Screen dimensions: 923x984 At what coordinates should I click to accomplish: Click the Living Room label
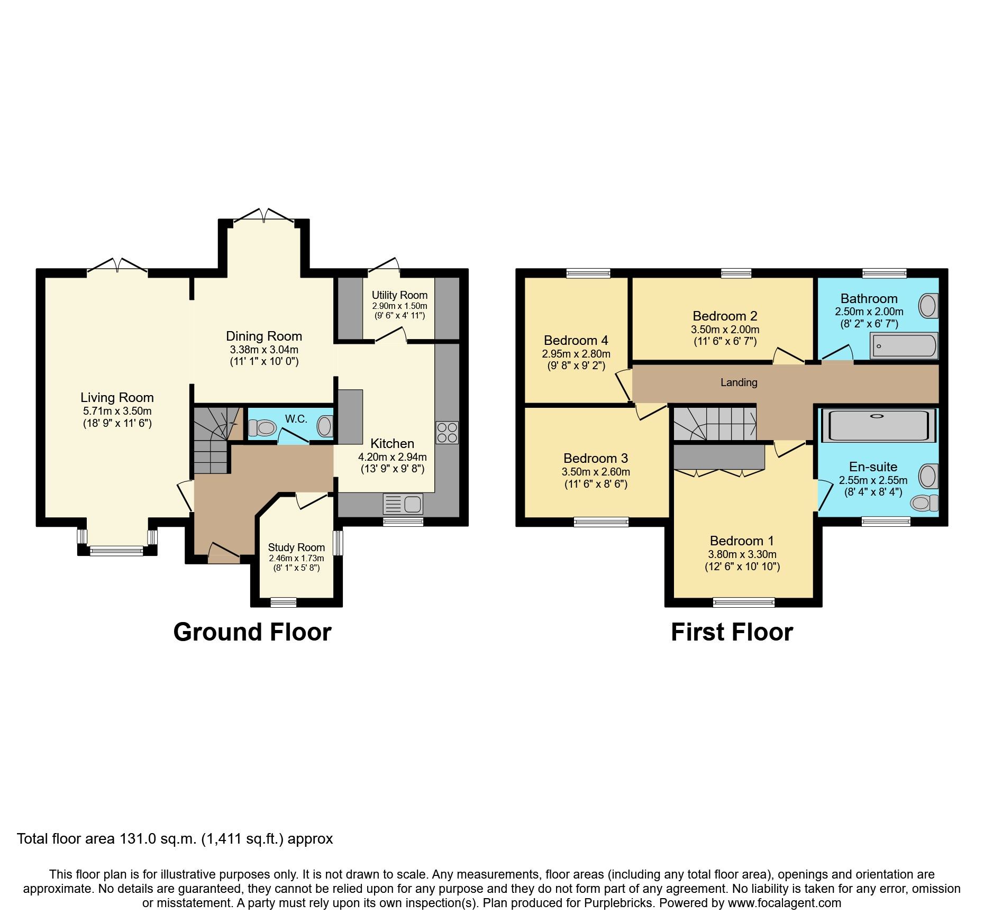coord(117,397)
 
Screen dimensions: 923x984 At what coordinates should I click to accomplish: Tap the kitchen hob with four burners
coord(447,432)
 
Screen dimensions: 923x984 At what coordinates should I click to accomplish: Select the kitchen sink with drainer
coord(403,504)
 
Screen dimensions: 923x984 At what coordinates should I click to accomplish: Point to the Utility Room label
coord(399,295)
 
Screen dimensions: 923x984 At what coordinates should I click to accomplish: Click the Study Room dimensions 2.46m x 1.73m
coord(296,558)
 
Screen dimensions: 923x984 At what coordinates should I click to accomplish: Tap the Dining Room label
coord(264,336)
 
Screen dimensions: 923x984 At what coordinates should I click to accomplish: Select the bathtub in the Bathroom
coord(904,346)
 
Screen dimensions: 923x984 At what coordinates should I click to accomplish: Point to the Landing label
coord(739,382)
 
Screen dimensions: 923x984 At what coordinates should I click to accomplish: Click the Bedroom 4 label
coord(576,340)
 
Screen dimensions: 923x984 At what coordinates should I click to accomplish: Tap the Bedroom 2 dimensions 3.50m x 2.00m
coord(725,329)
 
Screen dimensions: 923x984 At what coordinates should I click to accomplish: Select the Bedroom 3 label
coord(596,458)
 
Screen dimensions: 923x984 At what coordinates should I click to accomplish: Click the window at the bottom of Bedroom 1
coord(744,602)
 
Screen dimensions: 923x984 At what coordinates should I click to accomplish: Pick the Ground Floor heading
coord(252,632)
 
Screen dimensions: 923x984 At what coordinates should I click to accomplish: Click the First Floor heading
coord(732,632)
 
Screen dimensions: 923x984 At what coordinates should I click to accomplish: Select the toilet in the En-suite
coord(924,502)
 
